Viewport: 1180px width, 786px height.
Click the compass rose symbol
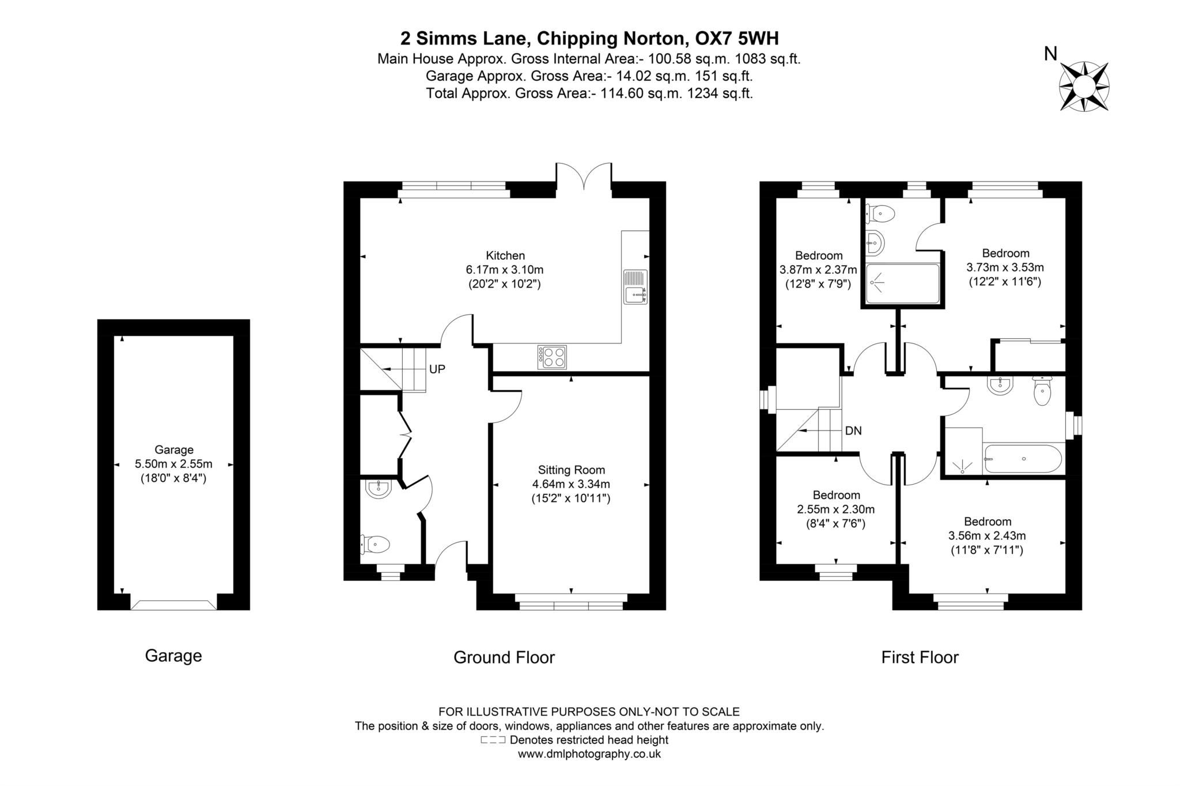pyautogui.click(x=1084, y=87)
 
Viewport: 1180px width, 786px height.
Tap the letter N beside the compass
pyautogui.click(x=1050, y=54)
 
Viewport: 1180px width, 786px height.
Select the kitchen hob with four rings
pyautogui.click(x=552, y=357)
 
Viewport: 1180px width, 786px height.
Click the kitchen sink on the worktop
pyautogui.click(x=635, y=287)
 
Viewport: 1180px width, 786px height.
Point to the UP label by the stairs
pyautogui.click(x=437, y=369)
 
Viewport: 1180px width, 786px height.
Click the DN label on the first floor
pyautogui.click(x=853, y=430)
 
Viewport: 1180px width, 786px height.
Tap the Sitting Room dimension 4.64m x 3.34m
pyautogui.click(x=570, y=484)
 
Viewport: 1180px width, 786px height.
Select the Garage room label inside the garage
pyautogui.click(x=173, y=449)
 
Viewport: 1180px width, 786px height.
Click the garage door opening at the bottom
pyautogui.click(x=173, y=604)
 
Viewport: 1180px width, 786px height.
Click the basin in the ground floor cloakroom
pyautogui.click(x=378, y=489)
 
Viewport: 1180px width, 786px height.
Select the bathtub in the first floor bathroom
pyautogui.click(x=1023, y=459)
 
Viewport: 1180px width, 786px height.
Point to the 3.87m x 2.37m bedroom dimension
pyautogui.click(x=818, y=270)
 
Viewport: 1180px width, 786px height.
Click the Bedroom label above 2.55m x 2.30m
pyautogui.click(x=836, y=495)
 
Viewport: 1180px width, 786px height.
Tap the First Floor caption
pyautogui.click(x=920, y=657)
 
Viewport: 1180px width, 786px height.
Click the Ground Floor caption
pyautogui.click(x=504, y=657)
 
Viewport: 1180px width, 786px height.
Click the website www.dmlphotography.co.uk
pyautogui.click(x=589, y=754)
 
